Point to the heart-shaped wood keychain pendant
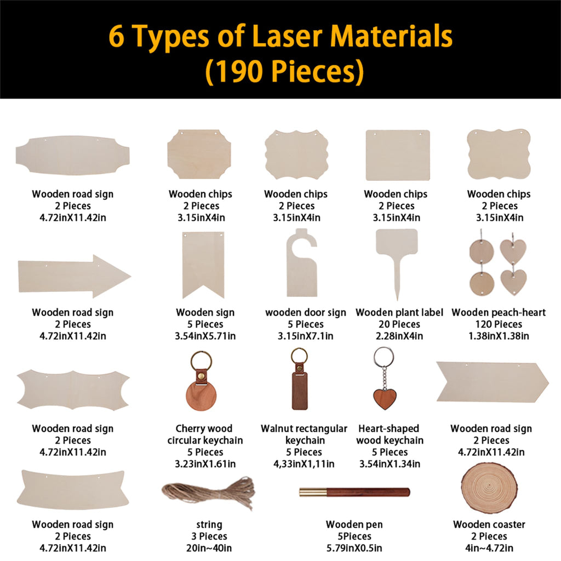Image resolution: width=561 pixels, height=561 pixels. click(x=385, y=399)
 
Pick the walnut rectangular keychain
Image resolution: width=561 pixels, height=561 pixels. click(x=300, y=379)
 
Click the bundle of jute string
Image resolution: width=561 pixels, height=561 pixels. click(x=209, y=493)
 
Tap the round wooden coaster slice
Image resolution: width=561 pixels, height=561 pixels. click(x=489, y=487)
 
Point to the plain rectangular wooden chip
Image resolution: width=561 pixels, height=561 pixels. click(x=398, y=155)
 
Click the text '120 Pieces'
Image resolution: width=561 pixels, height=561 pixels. click(x=499, y=324)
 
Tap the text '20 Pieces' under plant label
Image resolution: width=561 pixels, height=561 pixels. click(x=399, y=324)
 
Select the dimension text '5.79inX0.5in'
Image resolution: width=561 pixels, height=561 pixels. click(x=354, y=548)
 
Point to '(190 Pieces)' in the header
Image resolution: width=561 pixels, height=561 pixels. click(x=285, y=71)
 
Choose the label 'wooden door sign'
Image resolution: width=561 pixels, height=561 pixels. click(x=306, y=312)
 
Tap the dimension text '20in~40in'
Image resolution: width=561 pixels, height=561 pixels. click(x=209, y=548)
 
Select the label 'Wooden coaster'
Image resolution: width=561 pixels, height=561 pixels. click(x=489, y=524)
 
